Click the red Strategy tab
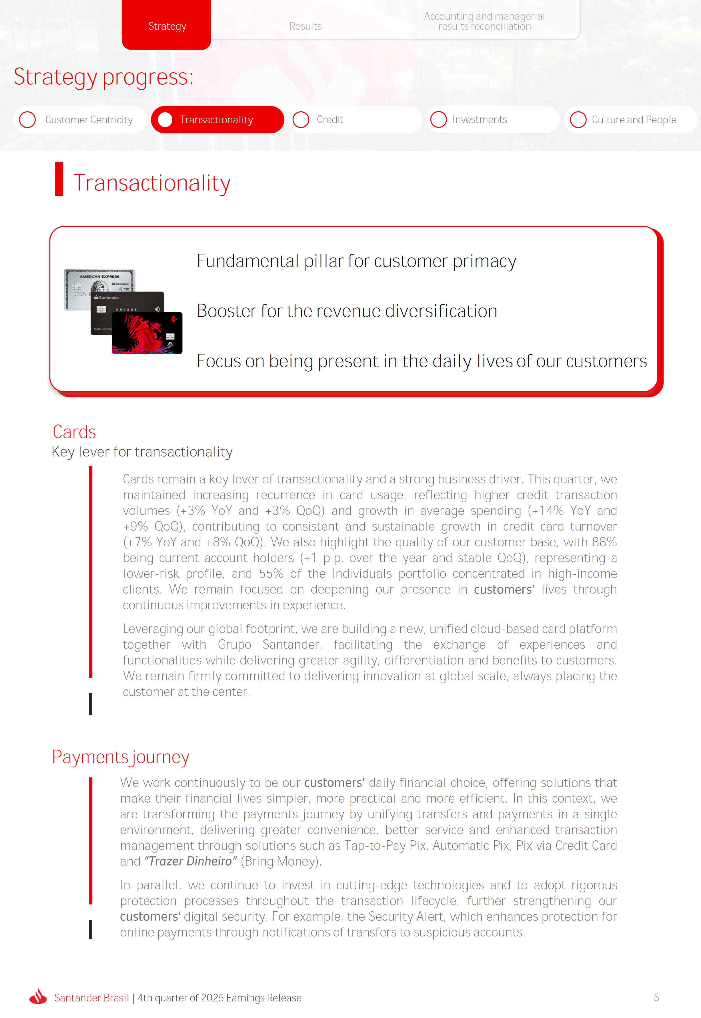pos(167,26)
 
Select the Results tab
pos(305,26)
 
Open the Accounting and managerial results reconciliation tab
pos(484,21)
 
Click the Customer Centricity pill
pos(89,120)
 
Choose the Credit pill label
pos(329,120)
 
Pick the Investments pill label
pos(479,120)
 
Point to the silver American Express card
pos(99,281)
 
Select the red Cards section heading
pos(74,432)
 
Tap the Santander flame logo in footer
pos(38,997)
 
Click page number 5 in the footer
pos(656,997)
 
